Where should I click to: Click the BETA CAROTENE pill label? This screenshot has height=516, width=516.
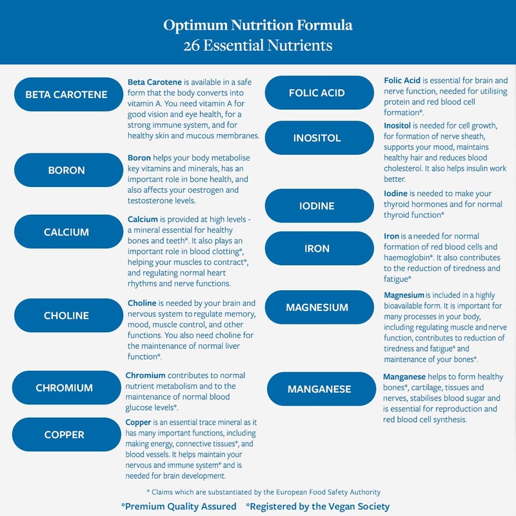click(66, 95)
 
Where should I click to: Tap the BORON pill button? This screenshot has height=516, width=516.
click(66, 171)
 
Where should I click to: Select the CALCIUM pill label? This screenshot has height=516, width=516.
click(66, 232)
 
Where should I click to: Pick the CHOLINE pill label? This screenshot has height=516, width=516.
click(66, 316)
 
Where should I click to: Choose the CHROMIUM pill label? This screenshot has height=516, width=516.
click(64, 388)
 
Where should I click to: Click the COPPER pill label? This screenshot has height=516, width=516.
click(64, 435)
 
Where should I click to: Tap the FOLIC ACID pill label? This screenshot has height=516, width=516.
click(317, 93)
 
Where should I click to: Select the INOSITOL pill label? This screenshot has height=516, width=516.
click(317, 138)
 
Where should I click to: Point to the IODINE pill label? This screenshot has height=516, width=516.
click(317, 206)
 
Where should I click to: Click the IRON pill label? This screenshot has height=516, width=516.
click(317, 248)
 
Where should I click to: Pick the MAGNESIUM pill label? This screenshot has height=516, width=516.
click(317, 308)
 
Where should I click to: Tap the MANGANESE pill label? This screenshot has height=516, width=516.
click(319, 389)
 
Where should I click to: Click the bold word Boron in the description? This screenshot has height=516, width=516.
click(139, 158)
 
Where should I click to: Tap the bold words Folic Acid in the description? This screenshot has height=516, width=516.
click(402, 81)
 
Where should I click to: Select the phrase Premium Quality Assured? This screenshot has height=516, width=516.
click(179, 506)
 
